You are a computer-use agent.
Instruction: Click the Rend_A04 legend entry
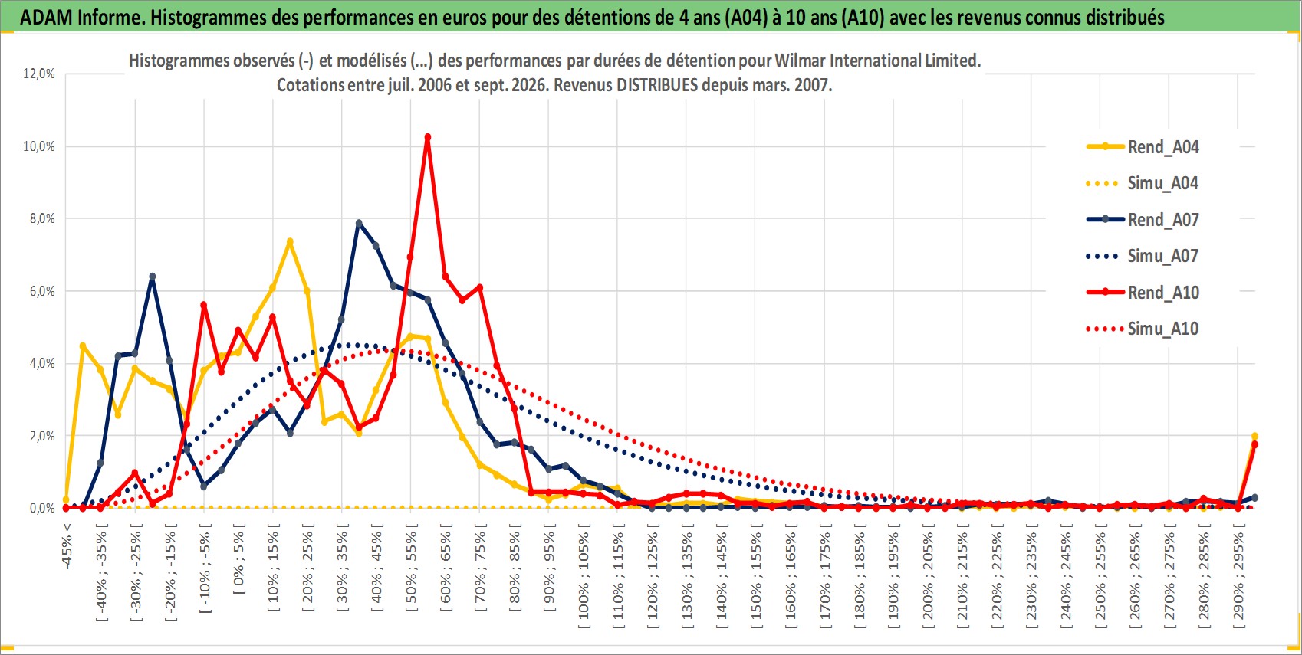tap(1143, 147)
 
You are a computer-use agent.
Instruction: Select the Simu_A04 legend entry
tap(1143, 184)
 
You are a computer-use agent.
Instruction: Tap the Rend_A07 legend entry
tap(1143, 220)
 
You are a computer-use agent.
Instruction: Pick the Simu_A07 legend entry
tap(1143, 256)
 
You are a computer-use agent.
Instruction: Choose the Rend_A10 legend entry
tap(1143, 292)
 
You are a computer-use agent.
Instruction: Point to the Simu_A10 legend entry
tap(1143, 329)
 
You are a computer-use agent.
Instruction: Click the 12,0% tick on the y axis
tap(39, 74)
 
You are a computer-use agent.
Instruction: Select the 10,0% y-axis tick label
tap(39, 146)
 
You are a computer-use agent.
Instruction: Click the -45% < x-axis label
tap(67, 546)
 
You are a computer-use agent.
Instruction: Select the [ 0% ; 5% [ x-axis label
tap(239, 558)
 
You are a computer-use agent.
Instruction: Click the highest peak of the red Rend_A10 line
tap(428, 137)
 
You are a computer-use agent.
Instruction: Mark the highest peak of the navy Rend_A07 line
tap(359, 223)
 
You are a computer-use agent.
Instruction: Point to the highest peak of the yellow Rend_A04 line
tap(290, 241)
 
